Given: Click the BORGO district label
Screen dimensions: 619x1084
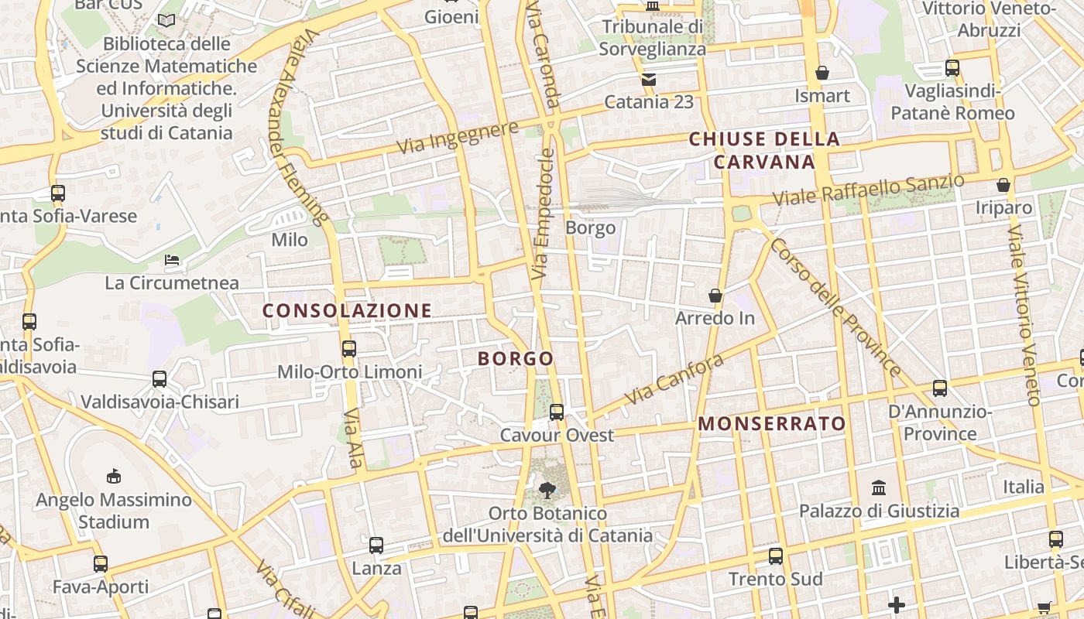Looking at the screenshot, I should point(516,358).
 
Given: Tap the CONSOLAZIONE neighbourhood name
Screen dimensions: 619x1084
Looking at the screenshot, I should point(347,311).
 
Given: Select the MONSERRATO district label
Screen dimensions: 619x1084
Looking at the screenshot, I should point(772,423).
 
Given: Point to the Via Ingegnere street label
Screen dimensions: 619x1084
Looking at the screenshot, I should point(457,137).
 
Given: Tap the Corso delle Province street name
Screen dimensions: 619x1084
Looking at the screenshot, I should point(835,308).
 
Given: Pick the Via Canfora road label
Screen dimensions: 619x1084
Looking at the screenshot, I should point(674,378).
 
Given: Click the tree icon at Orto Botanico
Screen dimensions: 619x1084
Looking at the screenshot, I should point(547,489).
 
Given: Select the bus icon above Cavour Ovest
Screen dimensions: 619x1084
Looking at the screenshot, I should point(557,412).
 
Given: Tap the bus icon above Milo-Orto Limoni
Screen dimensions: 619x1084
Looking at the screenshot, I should point(349,348).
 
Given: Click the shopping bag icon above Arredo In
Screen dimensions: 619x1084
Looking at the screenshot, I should point(715,296).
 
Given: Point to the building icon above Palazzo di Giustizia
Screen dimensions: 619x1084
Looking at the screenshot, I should point(879,487).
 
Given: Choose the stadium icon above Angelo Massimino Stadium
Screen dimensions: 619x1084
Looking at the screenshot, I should point(114,476).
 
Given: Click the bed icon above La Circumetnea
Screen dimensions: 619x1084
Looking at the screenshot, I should point(172,260).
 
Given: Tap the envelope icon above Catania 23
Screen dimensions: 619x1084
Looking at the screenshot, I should point(648,79).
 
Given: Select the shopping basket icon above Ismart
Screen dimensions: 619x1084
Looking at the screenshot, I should point(822,73).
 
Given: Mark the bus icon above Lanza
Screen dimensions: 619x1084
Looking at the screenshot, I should point(376,545).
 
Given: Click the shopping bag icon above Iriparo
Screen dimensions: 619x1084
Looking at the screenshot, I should point(1003,185).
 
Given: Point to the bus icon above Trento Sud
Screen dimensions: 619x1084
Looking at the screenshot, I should point(775,556).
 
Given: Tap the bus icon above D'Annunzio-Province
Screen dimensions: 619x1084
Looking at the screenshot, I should point(940,388).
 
